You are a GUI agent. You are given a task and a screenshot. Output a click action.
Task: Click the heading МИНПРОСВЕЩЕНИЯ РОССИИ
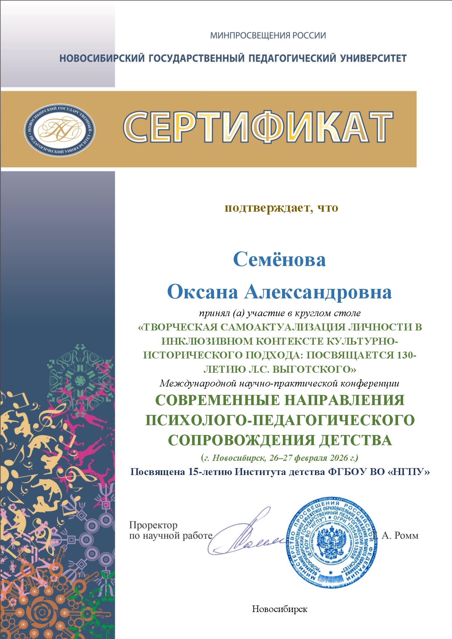click(x=268, y=36)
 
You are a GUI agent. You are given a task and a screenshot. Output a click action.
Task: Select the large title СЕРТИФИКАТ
click(x=258, y=127)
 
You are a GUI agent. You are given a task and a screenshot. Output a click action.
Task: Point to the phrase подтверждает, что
click(x=281, y=208)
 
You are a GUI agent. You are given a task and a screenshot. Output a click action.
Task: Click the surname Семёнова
click(x=279, y=260)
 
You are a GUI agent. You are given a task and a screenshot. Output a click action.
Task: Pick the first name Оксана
click(x=203, y=292)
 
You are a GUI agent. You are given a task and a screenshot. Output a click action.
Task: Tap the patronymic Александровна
click(x=318, y=292)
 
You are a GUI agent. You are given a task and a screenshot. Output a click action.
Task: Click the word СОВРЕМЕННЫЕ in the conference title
click(x=218, y=400)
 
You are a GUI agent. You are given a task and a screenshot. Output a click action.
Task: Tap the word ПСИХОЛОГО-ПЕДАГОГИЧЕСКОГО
click(x=280, y=420)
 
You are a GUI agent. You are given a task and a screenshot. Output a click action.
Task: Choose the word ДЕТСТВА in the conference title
click(x=355, y=440)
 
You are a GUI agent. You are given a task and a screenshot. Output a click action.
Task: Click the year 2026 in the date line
click(x=339, y=458)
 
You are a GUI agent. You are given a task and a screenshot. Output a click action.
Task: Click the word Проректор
click(x=153, y=525)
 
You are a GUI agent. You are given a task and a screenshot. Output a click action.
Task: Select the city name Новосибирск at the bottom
click(x=280, y=609)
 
